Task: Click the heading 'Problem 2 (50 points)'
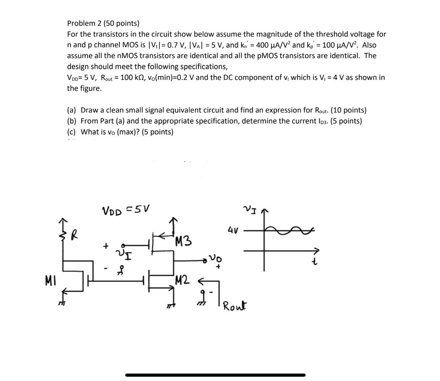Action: coord(103,23)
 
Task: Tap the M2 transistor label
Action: coord(182,281)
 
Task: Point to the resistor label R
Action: coord(75,236)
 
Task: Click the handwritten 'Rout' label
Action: coord(234,306)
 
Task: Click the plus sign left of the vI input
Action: coord(104,247)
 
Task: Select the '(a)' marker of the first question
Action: coord(72,110)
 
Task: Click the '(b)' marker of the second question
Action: coord(72,121)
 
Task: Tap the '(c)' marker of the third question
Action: coord(72,132)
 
